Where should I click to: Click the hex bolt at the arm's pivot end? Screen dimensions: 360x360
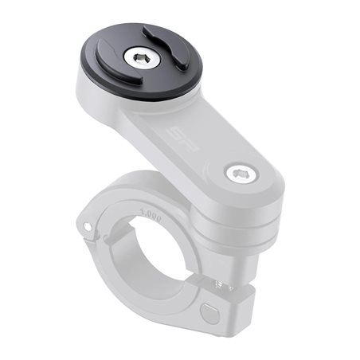point(236,174)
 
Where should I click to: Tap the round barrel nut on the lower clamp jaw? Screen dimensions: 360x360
point(209,311)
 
